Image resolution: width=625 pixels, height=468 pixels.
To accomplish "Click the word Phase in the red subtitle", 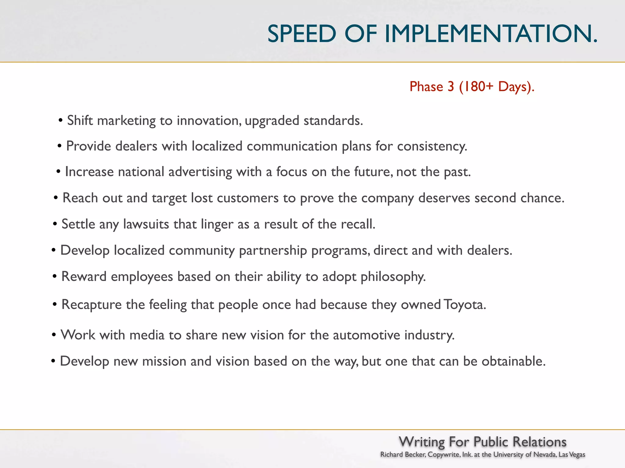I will point(426,87).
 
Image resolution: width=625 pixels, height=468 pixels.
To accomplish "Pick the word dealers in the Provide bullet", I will point(136,146).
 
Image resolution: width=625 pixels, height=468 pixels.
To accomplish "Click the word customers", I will point(247,198).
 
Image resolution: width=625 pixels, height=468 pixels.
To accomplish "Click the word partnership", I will point(273,250).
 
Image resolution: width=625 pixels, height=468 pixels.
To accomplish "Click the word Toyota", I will point(464,304).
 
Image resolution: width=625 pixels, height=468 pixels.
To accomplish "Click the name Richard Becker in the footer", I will point(403,455).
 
